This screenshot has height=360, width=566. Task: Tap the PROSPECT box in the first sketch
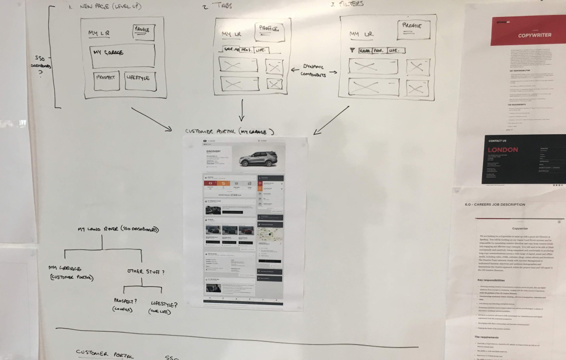[x=107, y=80]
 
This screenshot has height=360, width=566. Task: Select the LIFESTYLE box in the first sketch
[x=140, y=81]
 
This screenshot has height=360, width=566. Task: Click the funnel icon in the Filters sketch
[x=352, y=50]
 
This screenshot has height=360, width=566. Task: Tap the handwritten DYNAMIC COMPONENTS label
[x=313, y=70]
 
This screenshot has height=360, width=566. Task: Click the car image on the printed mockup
[x=258, y=158]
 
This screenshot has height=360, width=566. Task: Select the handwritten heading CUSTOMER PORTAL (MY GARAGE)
[x=228, y=132]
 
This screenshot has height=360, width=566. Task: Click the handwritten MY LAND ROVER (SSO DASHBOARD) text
[x=117, y=230]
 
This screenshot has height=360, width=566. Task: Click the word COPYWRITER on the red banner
[x=535, y=35]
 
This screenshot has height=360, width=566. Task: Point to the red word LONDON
[x=503, y=150]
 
